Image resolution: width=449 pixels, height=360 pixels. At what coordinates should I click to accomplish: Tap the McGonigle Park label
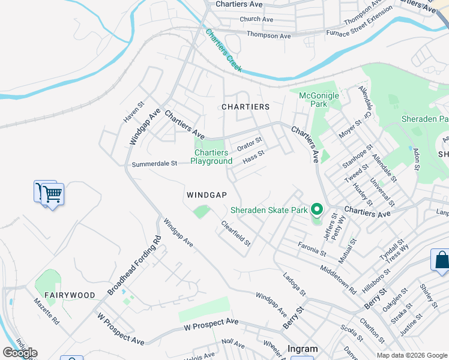[x=319, y=100]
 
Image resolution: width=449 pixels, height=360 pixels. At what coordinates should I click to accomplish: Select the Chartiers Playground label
[x=211, y=157]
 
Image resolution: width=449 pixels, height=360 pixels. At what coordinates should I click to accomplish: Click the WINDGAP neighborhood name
[x=206, y=195]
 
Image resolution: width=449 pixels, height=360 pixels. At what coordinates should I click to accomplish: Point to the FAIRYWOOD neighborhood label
[x=70, y=295]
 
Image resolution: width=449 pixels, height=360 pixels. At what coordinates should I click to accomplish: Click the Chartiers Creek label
[x=223, y=51]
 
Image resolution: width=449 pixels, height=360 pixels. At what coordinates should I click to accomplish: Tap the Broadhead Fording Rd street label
[x=135, y=265]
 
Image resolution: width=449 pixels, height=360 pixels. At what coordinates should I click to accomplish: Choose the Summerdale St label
[x=154, y=163]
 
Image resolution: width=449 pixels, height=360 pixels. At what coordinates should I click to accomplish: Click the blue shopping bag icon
[x=441, y=260]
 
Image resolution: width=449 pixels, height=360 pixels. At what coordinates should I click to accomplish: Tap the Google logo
[x=20, y=353]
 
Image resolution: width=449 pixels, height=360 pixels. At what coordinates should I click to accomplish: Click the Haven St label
[x=134, y=112]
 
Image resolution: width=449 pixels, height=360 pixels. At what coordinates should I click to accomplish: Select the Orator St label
[x=250, y=145]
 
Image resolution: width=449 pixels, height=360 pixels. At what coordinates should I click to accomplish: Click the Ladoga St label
[x=294, y=284]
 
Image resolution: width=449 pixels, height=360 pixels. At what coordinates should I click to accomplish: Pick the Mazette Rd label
[x=46, y=316]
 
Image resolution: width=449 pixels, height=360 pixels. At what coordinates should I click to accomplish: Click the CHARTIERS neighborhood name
[x=246, y=106]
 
